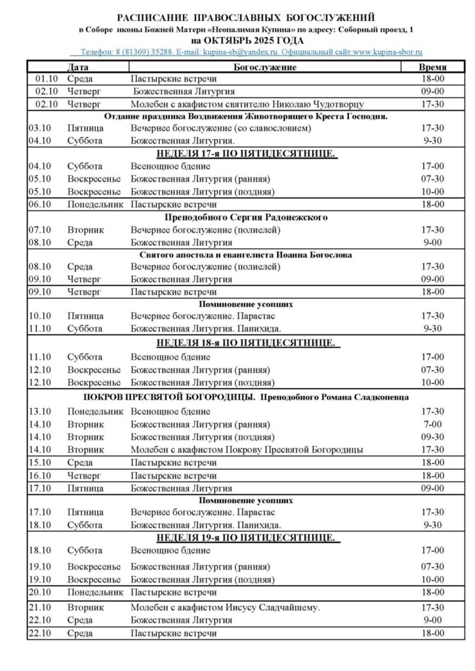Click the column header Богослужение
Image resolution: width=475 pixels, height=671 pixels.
click(x=265, y=67)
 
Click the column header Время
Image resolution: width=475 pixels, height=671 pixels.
click(x=432, y=67)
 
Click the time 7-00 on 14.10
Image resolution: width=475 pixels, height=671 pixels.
click(x=432, y=425)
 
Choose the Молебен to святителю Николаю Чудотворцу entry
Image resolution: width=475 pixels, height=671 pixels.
click(x=247, y=104)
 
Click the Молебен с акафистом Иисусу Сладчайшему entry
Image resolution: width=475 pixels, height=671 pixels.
click(x=225, y=607)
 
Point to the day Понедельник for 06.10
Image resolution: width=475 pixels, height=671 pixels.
click(x=95, y=204)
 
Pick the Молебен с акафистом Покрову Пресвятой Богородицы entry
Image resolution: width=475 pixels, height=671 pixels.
click(x=247, y=450)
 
